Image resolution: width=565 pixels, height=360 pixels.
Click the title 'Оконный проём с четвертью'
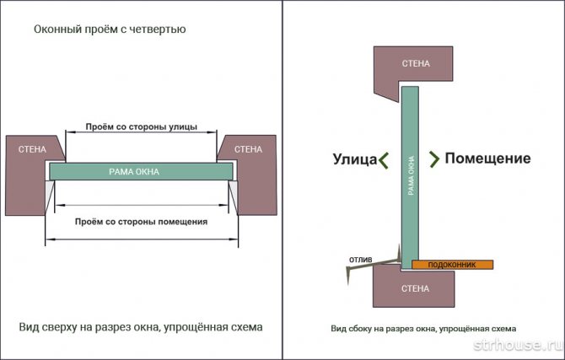tap(110, 30)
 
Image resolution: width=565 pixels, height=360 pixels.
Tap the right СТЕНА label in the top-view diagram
tap(247, 149)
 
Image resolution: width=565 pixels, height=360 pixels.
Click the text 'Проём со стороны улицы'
tap(142, 127)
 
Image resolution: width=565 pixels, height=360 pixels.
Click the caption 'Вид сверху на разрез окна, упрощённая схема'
tap(141, 325)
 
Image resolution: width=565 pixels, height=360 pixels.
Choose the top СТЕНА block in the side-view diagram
tap(416, 63)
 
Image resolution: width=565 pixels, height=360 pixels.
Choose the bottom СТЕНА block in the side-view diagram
tap(416, 289)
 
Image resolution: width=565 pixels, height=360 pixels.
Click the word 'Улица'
tap(354, 159)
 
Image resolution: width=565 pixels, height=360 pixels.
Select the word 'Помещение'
tap(487, 159)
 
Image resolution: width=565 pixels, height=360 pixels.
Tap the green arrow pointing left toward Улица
tap(383, 159)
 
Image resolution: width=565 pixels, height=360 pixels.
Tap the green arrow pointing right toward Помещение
tap(434, 159)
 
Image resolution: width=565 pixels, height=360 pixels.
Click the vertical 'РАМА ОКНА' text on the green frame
tap(411, 175)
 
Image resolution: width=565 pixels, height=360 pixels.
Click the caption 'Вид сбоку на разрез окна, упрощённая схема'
tap(422, 328)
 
